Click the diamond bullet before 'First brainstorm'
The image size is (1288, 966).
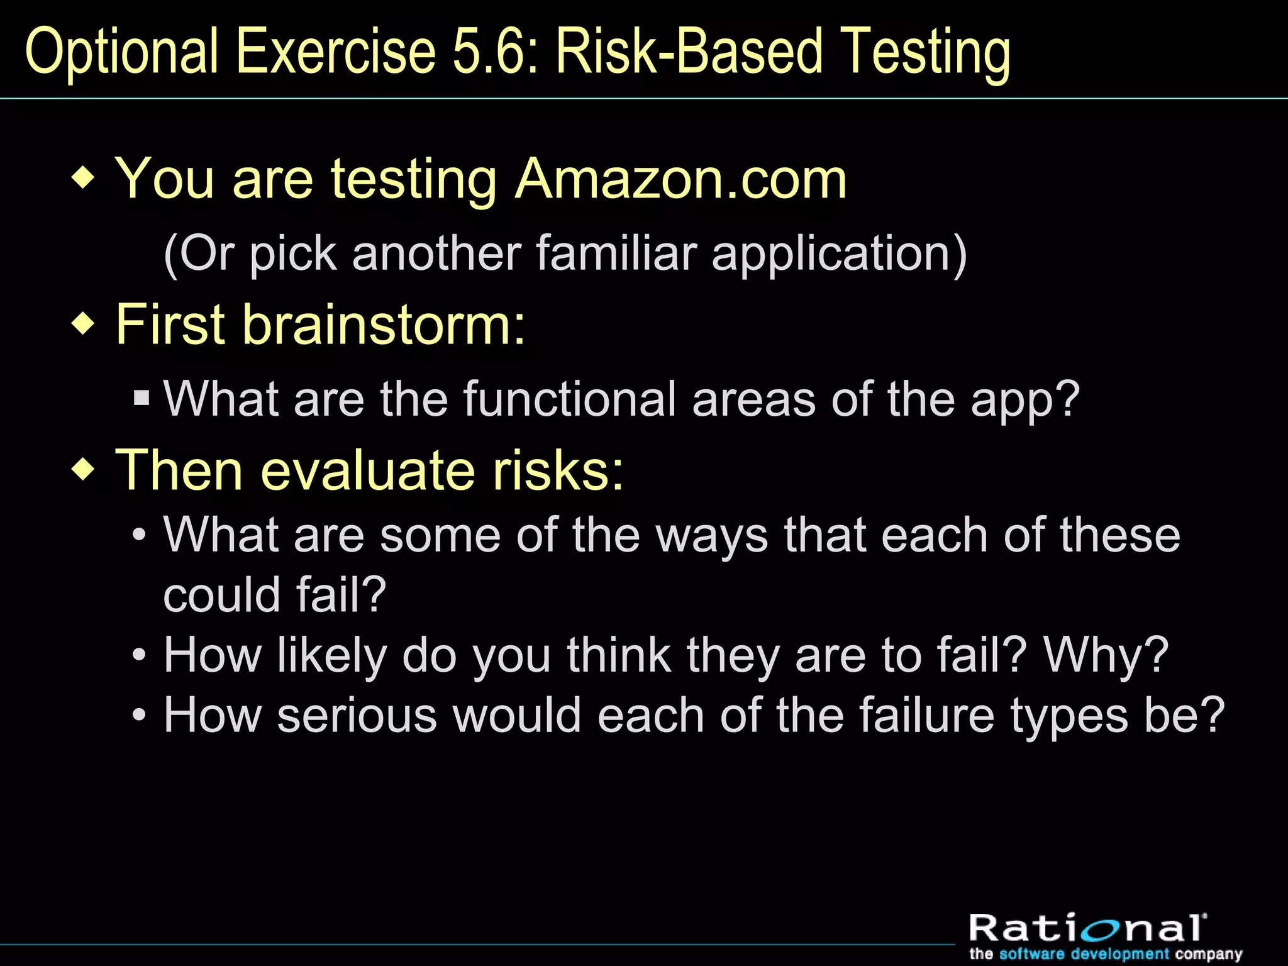click(x=84, y=324)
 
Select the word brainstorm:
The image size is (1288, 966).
click(x=384, y=325)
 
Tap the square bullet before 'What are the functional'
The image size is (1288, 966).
click(x=142, y=398)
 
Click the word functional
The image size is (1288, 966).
click(x=569, y=399)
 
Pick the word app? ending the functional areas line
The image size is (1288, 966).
click(x=1025, y=400)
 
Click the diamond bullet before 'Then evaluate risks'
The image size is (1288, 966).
click(x=84, y=469)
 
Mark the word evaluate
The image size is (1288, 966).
click(x=368, y=470)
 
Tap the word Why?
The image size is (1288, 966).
click(x=1106, y=655)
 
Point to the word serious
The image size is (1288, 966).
click(x=357, y=716)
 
